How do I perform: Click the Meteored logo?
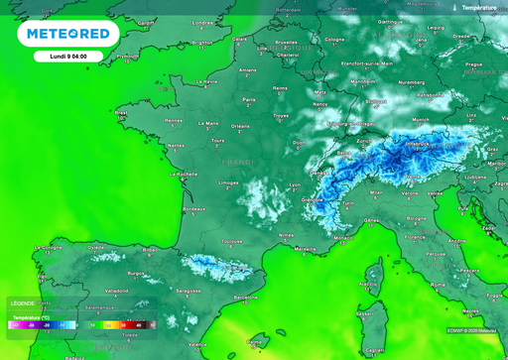[67, 34]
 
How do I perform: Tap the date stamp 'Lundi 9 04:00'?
[67, 57]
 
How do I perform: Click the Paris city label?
[250, 99]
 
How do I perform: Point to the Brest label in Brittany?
[121, 113]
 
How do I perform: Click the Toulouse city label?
[232, 241]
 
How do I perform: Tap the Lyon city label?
[294, 185]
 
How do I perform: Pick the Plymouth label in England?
[128, 57]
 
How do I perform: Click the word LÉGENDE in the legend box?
[22, 302]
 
